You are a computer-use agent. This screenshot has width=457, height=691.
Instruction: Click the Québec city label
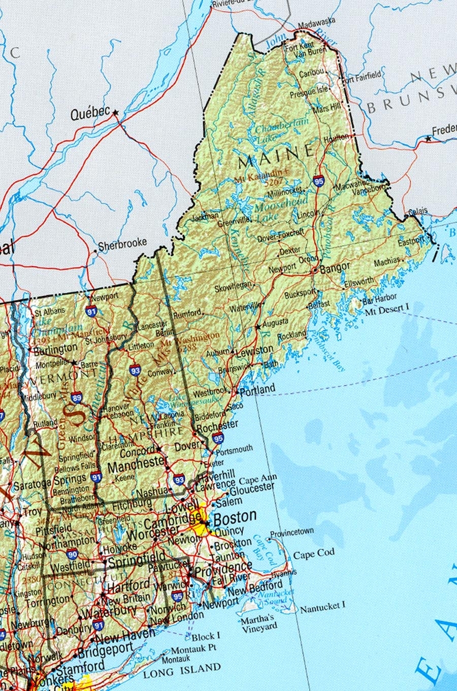(x=90, y=114)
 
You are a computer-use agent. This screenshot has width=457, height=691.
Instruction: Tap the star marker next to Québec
(x=116, y=112)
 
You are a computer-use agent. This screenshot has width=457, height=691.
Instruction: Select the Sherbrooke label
(x=122, y=245)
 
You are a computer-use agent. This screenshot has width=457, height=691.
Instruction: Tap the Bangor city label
(x=335, y=268)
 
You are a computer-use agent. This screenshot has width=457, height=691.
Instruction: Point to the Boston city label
(x=235, y=517)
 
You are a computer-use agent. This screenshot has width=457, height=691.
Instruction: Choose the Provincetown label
(x=291, y=533)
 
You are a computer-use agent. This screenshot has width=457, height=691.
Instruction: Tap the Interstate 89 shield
(x=77, y=398)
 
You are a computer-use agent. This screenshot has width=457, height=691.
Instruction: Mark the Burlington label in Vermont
(x=56, y=349)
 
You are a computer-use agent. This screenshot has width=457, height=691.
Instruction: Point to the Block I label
(x=206, y=636)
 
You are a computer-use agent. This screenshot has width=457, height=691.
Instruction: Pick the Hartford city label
(x=128, y=585)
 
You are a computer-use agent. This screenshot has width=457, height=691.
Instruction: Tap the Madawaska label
(x=316, y=23)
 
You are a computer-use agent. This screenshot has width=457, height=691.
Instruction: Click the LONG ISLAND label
(x=182, y=671)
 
